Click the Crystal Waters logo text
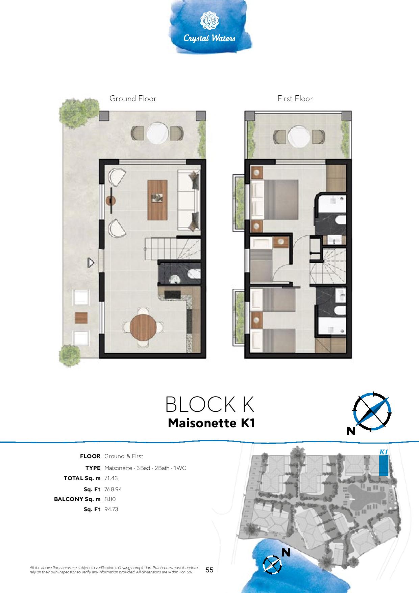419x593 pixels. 209,38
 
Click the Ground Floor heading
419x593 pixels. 133,98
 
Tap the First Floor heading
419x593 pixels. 295,98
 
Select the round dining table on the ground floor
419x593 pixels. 144,327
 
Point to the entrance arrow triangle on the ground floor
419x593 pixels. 91,263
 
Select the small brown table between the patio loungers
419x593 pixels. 81,317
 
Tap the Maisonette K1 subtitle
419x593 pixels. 211,423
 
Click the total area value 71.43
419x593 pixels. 111,478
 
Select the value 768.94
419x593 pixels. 113,489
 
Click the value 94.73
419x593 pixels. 111,509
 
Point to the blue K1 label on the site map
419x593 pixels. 383,452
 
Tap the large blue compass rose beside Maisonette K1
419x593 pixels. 372,411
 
